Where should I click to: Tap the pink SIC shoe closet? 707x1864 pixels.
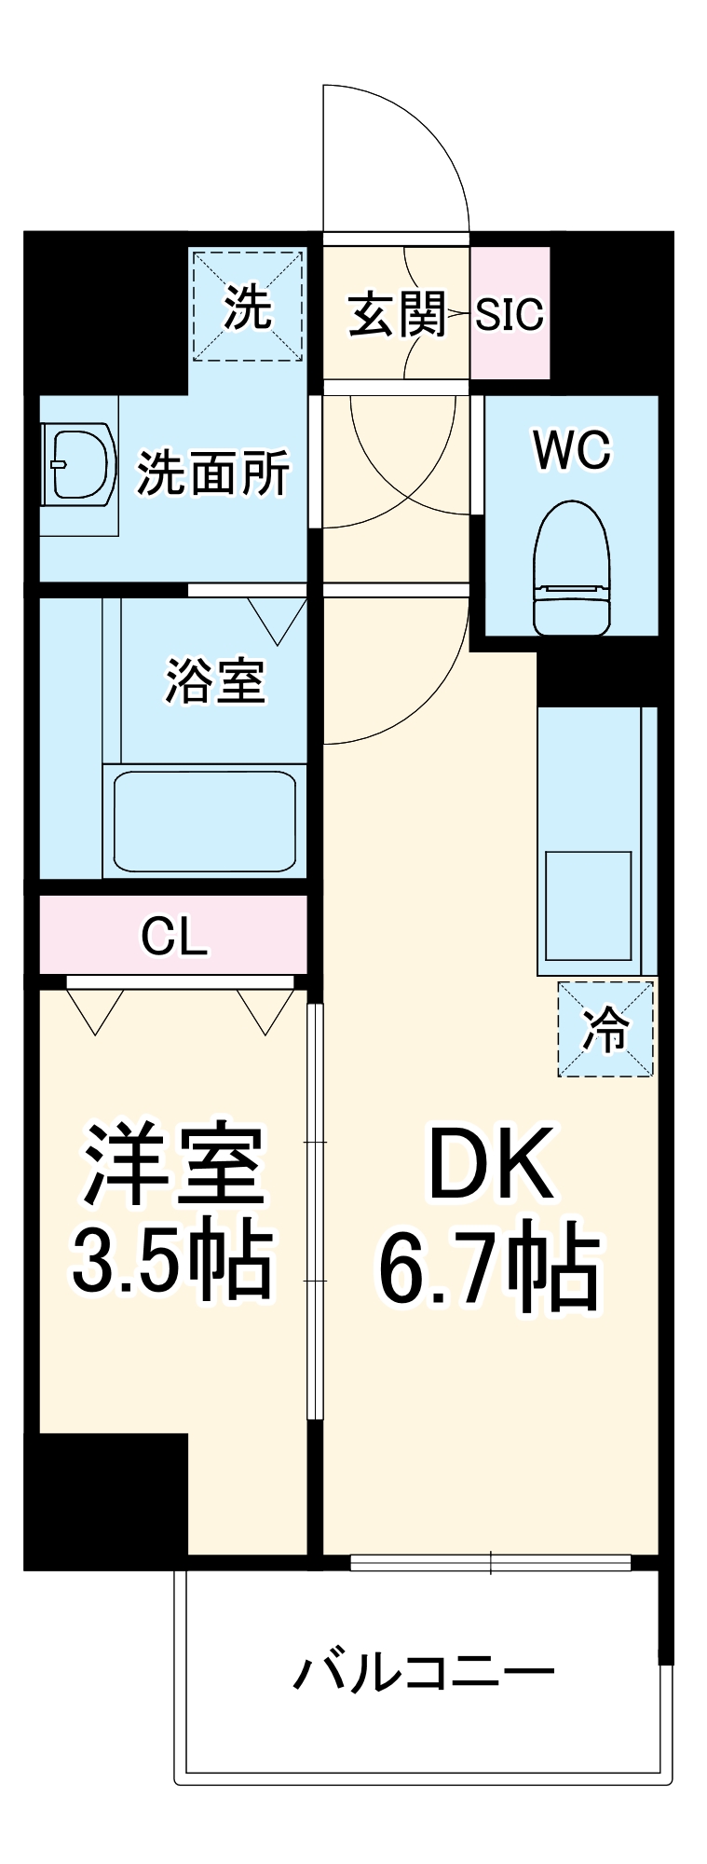tap(510, 314)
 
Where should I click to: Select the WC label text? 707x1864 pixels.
tap(572, 450)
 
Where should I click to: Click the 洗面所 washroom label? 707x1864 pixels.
tap(213, 473)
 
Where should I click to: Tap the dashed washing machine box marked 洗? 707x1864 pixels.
tap(248, 305)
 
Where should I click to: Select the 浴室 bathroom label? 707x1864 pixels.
tap(215, 680)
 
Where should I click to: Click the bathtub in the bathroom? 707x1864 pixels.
tap(204, 821)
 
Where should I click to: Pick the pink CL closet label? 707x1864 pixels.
tap(173, 936)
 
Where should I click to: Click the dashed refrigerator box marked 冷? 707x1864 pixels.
tap(605, 1029)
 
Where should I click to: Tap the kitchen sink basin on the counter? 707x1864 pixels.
tap(588, 904)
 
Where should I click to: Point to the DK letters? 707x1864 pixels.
tap(491, 1163)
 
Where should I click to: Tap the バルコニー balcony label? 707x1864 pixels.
tap(424, 1672)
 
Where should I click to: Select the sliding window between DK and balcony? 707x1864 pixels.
tap(491, 1563)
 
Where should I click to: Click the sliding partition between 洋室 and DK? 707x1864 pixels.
tap(315, 1212)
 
